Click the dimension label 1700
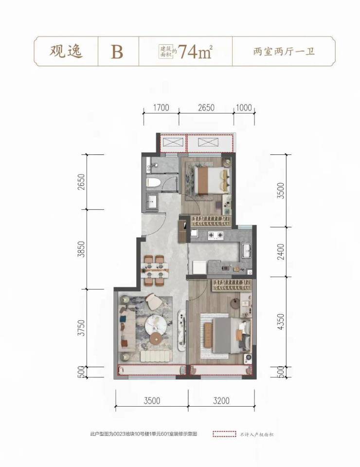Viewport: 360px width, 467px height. [x=161, y=108]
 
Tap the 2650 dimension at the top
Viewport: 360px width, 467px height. [x=206, y=108]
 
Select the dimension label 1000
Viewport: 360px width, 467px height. [x=244, y=108]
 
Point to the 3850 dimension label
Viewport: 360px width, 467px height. [x=81, y=249]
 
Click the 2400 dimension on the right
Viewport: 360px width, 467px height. [x=280, y=252]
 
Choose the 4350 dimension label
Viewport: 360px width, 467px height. [x=280, y=322]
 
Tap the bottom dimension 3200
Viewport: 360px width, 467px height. [x=221, y=401]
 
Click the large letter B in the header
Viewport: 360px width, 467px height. [x=117, y=52]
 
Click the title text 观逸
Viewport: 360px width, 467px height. [x=66, y=51]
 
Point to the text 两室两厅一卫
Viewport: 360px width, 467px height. [x=284, y=52]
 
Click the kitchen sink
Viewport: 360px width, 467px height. [x=247, y=250]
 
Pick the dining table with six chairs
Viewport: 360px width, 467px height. [x=155, y=270]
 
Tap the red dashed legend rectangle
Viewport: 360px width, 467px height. [x=224, y=434]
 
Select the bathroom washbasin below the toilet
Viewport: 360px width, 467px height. [x=152, y=202]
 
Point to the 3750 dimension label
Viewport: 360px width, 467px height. [x=81, y=328]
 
